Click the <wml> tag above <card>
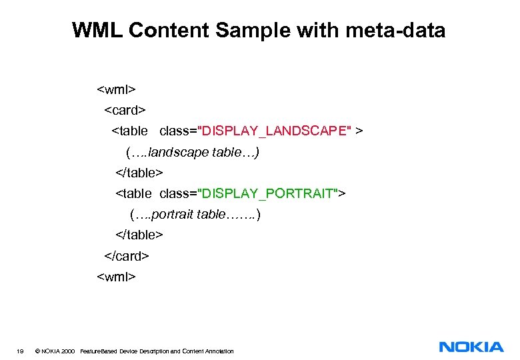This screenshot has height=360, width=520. tap(117, 89)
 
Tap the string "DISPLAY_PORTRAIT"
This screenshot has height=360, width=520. tap(271, 193)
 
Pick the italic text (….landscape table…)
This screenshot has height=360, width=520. tap(192, 152)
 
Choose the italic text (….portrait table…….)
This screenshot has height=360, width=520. tap(195, 215)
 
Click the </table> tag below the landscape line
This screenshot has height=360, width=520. tap(139, 173)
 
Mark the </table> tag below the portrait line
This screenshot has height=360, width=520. tap(139, 235)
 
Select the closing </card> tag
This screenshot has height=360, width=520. tap(127, 255)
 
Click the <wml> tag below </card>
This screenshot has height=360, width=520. tap(117, 276)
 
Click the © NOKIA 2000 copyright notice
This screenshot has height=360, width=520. tap(54, 351)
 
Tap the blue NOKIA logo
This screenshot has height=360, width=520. tap(471, 347)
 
